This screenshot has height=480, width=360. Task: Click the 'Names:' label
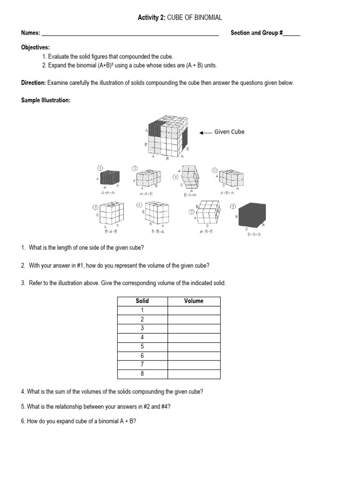click(31, 33)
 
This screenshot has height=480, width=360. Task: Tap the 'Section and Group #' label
click(255, 33)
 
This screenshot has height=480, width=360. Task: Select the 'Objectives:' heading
click(35, 48)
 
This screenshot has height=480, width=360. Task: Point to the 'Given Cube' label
click(229, 132)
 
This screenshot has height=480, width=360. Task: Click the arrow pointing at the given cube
click(205, 133)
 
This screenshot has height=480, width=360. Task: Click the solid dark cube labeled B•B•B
click(252, 217)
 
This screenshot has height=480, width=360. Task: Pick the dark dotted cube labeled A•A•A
click(109, 179)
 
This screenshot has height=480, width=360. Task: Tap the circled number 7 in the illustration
click(192, 212)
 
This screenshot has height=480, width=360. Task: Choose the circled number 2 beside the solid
click(135, 168)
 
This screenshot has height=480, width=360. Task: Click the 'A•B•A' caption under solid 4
click(228, 193)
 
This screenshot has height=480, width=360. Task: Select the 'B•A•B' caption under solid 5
click(109, 232)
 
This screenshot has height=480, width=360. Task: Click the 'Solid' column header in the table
click(142, 301)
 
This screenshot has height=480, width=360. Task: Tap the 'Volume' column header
click(194, 301)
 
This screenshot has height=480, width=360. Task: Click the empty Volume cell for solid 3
click(194, 328)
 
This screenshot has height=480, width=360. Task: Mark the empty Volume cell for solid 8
click(194, 374)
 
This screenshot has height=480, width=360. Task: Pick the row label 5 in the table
click(142, 346)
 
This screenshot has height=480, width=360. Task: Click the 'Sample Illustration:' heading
click(45, 101)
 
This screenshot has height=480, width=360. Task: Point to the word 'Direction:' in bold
click(33, 83)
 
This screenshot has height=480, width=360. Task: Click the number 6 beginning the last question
click(22, 421)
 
